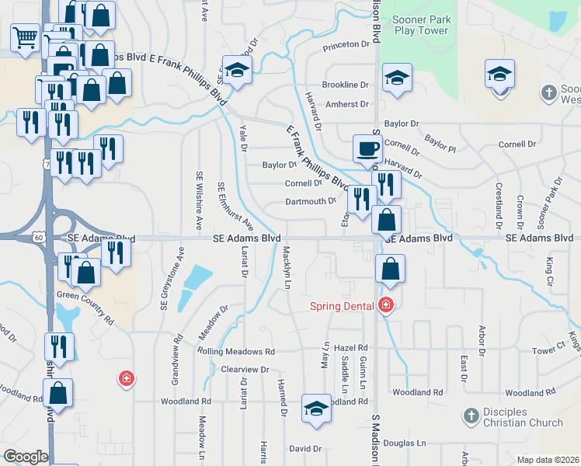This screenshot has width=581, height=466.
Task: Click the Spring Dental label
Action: (343, 305)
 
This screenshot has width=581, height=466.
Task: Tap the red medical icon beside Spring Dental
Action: (384, 305)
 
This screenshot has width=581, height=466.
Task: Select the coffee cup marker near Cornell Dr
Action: (367, 148)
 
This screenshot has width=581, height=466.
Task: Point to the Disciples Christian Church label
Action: (524, 417)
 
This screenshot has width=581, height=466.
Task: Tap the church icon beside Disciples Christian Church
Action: (470, 417)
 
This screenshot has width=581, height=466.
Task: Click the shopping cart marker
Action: (25, 36)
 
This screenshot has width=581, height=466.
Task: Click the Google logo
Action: (26, 457)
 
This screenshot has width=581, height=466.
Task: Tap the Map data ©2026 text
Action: (547, 460)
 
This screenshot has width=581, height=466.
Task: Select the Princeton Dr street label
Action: (347, 44)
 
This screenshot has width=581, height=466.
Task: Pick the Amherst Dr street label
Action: (347, 104)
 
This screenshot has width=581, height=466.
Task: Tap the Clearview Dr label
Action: (245, 370)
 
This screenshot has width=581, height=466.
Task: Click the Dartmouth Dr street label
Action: (309, 200)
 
